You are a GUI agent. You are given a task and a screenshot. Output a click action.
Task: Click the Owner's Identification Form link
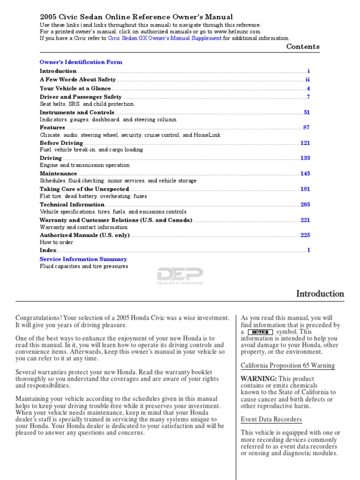[81, 62]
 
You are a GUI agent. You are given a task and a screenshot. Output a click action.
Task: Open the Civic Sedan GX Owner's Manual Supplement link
[165, 38]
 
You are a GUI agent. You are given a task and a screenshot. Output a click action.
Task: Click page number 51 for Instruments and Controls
[307, 112]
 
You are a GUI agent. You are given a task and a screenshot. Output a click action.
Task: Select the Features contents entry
[52, 127]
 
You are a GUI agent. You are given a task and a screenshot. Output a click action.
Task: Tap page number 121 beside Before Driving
[305, 143]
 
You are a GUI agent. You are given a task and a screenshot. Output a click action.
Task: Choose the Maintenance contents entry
[58, 173]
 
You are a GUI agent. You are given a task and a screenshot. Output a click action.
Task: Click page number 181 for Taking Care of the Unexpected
[305, 189]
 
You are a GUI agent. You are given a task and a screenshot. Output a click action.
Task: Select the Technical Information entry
[72, 204]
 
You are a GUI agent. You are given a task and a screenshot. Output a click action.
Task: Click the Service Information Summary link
[83, 259]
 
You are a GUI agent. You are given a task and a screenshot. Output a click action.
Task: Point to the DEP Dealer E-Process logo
[180, 276]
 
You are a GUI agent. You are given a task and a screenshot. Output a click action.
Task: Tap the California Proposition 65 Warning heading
[287, 366]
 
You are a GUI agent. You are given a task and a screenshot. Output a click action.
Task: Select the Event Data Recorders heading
[271, 419]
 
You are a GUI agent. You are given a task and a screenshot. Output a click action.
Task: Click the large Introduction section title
[320, 294]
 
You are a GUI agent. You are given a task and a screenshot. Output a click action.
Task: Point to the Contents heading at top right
[303, 46]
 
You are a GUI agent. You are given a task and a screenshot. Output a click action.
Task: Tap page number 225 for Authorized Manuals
[305, 235]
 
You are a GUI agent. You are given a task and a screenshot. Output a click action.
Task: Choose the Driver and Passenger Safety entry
[80, 97]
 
